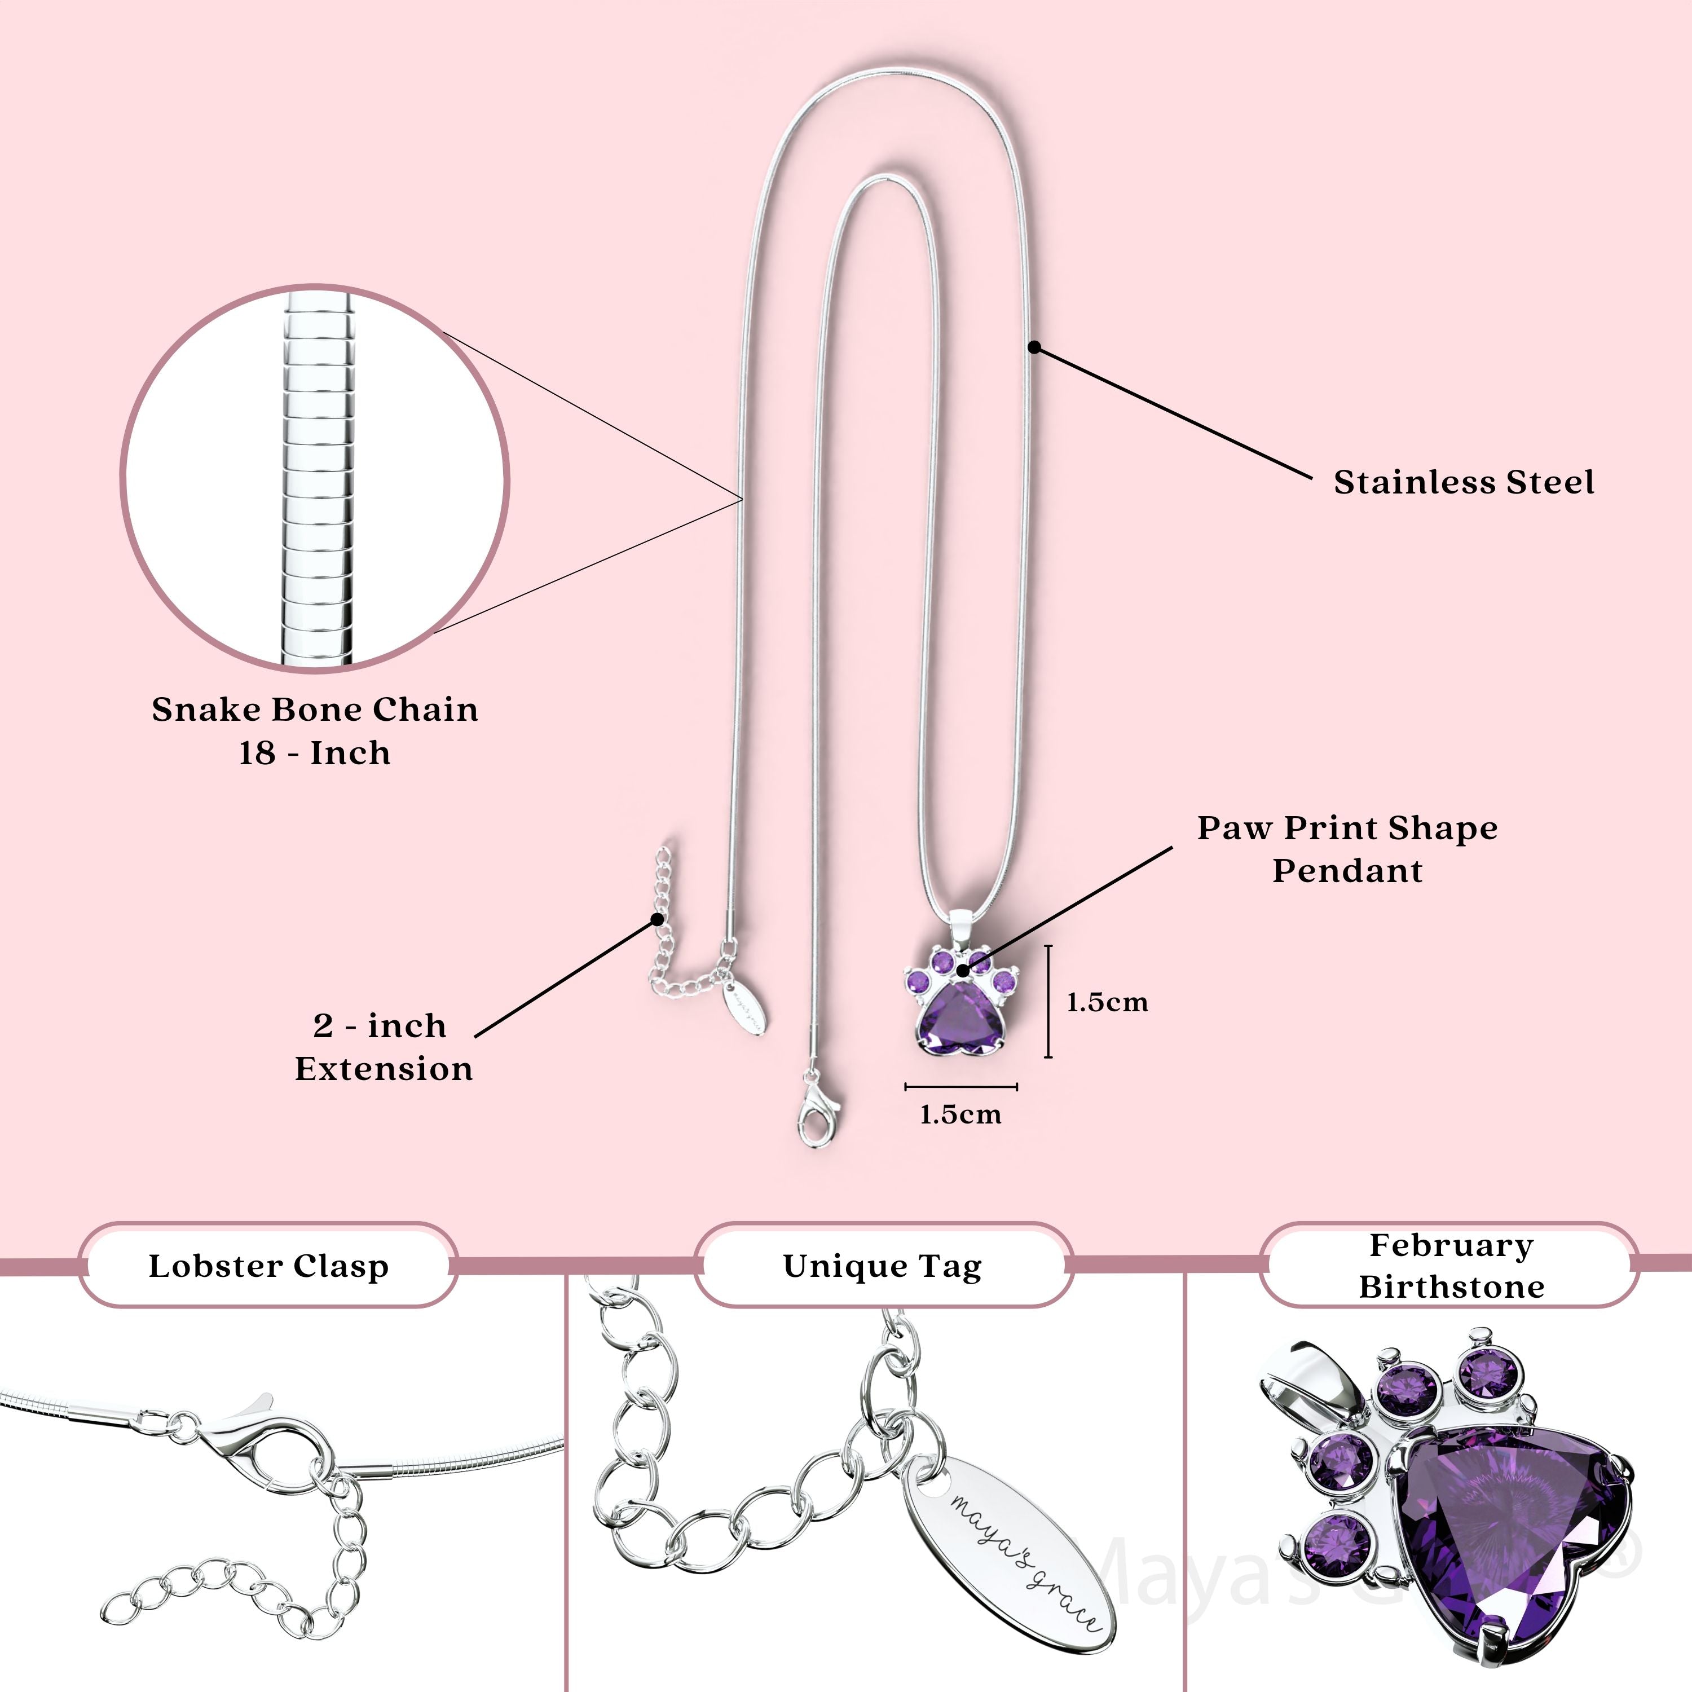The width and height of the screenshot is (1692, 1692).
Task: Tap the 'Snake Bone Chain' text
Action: point(315,710)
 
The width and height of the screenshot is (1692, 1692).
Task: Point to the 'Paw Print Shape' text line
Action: point(1347,827)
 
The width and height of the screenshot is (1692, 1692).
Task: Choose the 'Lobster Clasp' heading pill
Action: point(268,1266)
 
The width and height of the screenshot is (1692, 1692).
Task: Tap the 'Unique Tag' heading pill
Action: point(883,1266)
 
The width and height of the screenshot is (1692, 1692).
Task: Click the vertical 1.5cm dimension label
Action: point(1107,1003)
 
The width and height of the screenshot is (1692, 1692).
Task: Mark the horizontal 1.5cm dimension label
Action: point(960,1115)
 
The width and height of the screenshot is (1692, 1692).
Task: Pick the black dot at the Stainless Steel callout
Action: point(1034,347)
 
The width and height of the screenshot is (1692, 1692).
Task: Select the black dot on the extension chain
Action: point(657,919)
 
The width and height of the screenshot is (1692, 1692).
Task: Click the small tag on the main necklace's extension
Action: point(744,1008)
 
